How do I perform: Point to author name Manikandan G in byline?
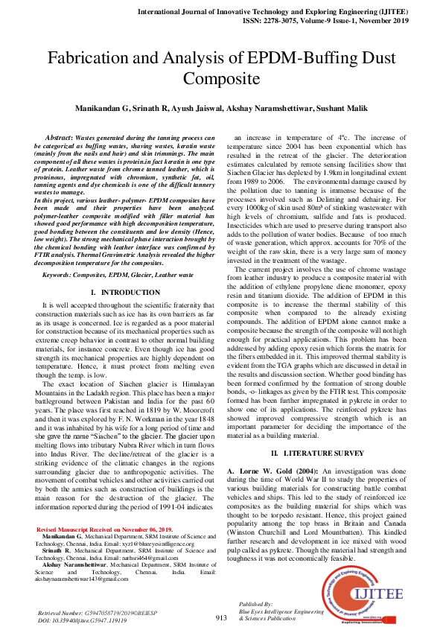pos(101,109)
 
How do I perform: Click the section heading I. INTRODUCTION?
pos(124,273)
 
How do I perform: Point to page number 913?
pos(220,617)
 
